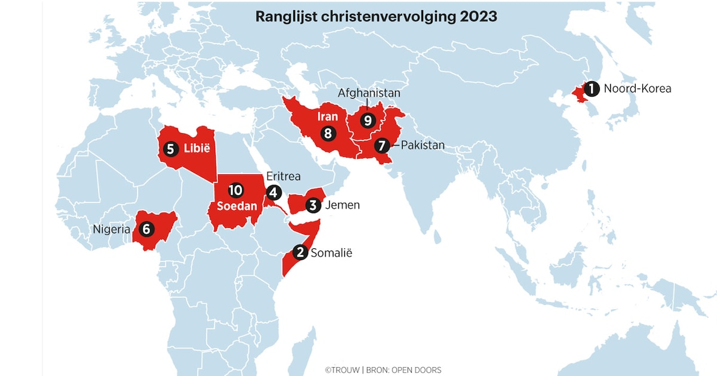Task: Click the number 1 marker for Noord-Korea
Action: click(x=591, y=89)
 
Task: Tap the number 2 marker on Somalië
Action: click(x=301, y=253)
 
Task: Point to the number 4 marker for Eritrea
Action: click(x=274, y=192)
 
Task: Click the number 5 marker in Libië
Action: click(x=170, y=148)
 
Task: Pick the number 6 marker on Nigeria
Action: click(x=145, y=229)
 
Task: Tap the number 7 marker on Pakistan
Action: click(x=382, y=145)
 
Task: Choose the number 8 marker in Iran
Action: click(x=327, y=134)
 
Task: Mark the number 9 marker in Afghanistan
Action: click(x=367, y=121)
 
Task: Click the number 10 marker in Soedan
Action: click(x=235, y=190)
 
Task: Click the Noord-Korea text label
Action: click(x=637, y=89)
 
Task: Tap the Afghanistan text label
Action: click(x=369, y=94)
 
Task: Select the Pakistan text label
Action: click(x=422, y=145)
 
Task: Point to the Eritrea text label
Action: click(x=283, y=177)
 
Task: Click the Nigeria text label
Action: click(x=111, y=229)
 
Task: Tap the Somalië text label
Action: click(x=332, y=253)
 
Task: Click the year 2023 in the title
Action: click(x=478, y=17)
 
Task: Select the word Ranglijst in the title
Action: click(x=283, y=17)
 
